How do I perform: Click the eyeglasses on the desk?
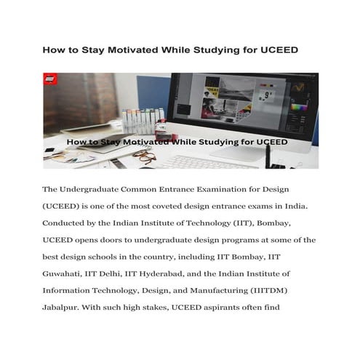click(x=144, y=156)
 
